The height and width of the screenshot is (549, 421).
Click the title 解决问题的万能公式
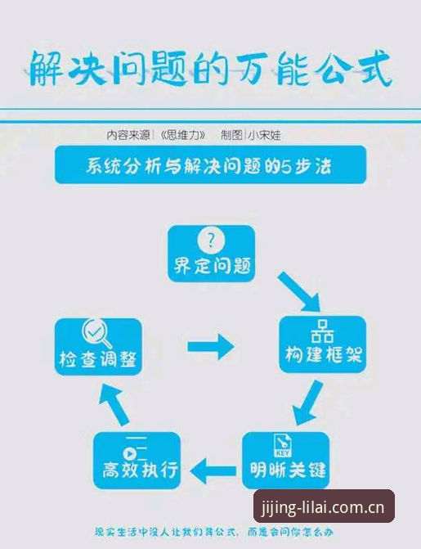(x=210, y=68)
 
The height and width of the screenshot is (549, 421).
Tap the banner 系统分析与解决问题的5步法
(x=210, y=164)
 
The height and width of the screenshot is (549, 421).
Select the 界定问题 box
(x=212, y=254)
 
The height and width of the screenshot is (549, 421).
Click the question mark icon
(x=211, y=241)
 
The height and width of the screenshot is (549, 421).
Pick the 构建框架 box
(x=323, y=344)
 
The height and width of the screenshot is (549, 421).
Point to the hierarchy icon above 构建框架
(x=322, y=331)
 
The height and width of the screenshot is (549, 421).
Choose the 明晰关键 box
(x=286, y=460)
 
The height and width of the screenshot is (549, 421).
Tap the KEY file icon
(x=282, y=445)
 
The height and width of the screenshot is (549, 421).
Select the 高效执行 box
(x=137, y=461)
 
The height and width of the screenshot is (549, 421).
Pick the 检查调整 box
(x=98, y=347)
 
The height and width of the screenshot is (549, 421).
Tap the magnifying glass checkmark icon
(x=96, y=333)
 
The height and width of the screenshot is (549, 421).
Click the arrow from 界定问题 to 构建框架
(x=299, y=291)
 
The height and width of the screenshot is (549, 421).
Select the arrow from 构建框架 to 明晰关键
(x=307, y=403)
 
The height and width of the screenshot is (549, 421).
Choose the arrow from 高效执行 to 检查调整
(x=114, y=405)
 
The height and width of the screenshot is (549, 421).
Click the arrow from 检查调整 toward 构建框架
(x=211, y=347)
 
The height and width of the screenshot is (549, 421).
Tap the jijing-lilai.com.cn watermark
(x=324, y=507)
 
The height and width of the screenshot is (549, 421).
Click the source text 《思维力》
(x=182, y=135)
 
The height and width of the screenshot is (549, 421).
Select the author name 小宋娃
(x=264, y=135)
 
